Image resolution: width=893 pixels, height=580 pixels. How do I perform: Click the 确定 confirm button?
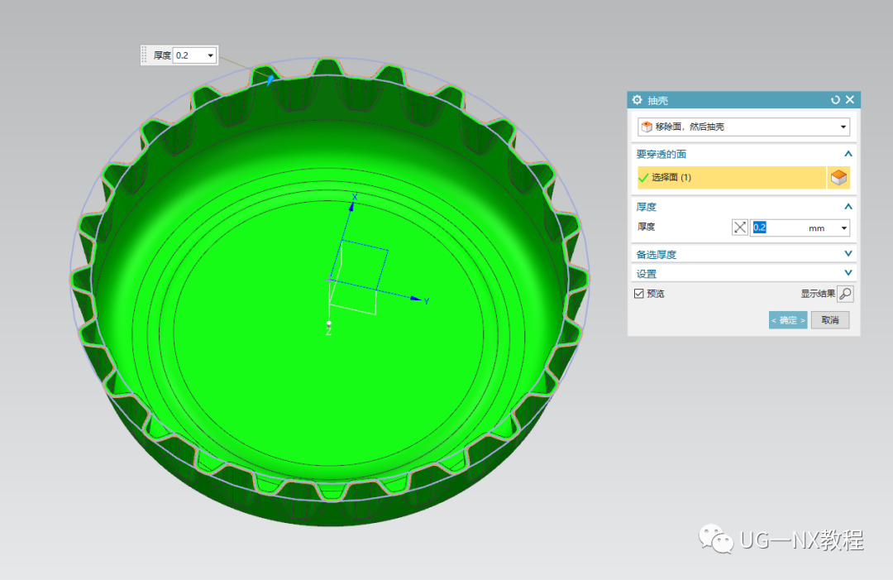point(788,320)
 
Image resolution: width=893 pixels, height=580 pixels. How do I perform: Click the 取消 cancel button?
point(830,320)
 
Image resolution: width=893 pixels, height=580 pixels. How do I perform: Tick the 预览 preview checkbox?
point(639,294)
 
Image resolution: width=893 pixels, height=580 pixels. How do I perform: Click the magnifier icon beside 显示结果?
point(845,294)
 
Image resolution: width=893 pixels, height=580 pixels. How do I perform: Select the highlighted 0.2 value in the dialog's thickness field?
point(760,228)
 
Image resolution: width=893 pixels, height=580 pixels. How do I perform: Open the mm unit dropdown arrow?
point(844,228)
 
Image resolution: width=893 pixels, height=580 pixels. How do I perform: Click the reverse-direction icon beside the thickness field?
point(740,228)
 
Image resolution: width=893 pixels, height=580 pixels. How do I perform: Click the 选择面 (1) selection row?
point(731,177)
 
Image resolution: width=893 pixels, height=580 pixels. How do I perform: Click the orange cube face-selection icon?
point(838,177)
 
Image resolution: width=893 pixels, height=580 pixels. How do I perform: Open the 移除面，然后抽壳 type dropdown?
point(743,127)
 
